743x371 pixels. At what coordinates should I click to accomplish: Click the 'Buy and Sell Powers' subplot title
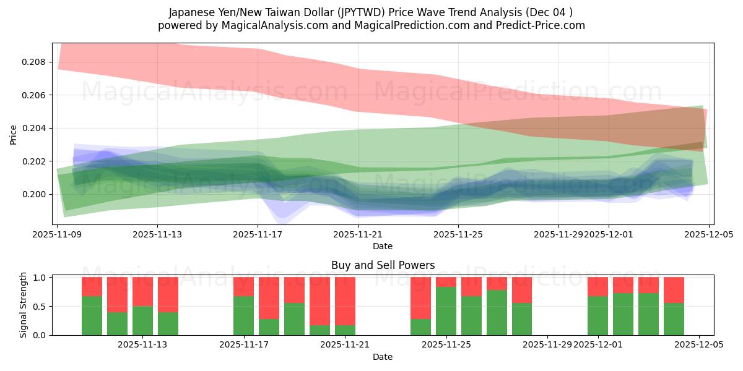pos(383,265)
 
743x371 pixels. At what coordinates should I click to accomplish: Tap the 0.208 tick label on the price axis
pos(33,62)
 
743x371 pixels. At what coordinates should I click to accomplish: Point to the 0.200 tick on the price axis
pos(33,195)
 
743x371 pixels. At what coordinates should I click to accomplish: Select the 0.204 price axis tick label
pos(33,129)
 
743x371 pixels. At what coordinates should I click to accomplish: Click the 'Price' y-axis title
pos(14,134)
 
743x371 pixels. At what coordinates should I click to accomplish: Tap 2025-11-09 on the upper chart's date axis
pos(58,235)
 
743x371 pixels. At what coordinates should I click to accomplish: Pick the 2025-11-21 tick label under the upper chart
pos(358,235)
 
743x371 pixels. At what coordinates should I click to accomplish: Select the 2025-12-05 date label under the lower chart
pos(699,345)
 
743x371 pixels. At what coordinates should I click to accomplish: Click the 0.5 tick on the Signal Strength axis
pos(40,307)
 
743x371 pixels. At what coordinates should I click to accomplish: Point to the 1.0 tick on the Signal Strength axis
pos(40,278)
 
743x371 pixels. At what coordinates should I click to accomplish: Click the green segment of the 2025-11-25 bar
pos(446,311)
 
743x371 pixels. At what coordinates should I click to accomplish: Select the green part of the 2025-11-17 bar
pos(243,315)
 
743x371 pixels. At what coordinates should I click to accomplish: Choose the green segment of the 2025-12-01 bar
pos(597,315)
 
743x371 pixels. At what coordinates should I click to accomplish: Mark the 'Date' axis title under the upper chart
pos(383,246)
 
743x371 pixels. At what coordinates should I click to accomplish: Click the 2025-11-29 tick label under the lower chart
pos(547,345)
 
